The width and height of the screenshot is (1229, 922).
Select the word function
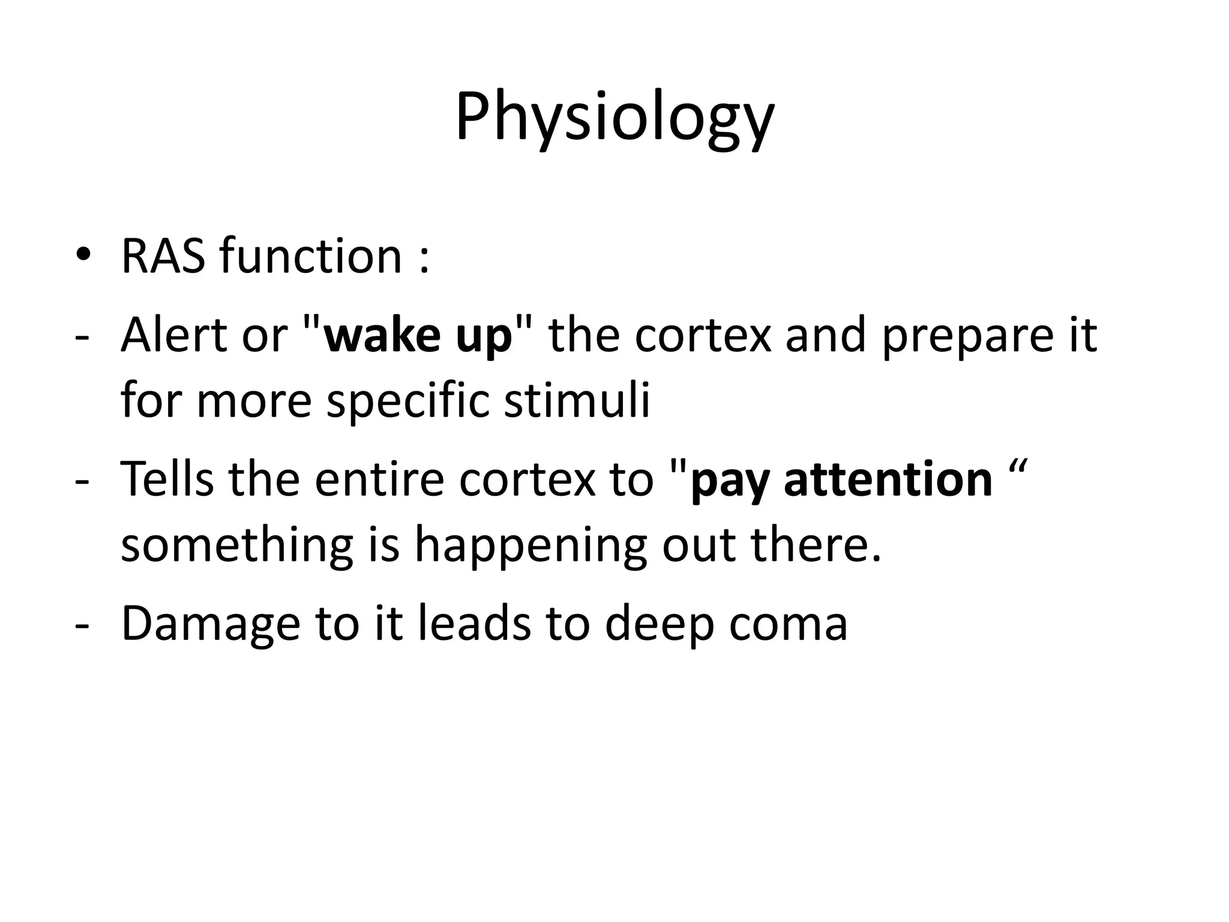click(310, 256)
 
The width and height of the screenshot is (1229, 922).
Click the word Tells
click(167, 478)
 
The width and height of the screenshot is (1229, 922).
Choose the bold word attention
click(888, 480)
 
